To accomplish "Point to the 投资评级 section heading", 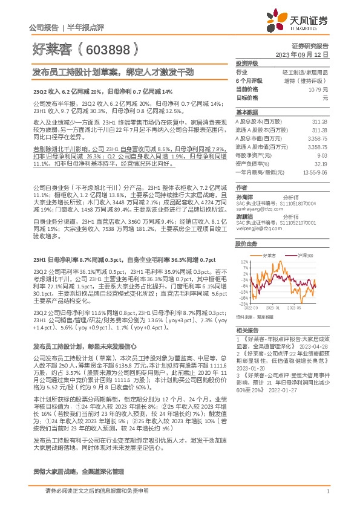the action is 247,63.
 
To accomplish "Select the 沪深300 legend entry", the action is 306,256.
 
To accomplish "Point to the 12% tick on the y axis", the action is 243,262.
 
